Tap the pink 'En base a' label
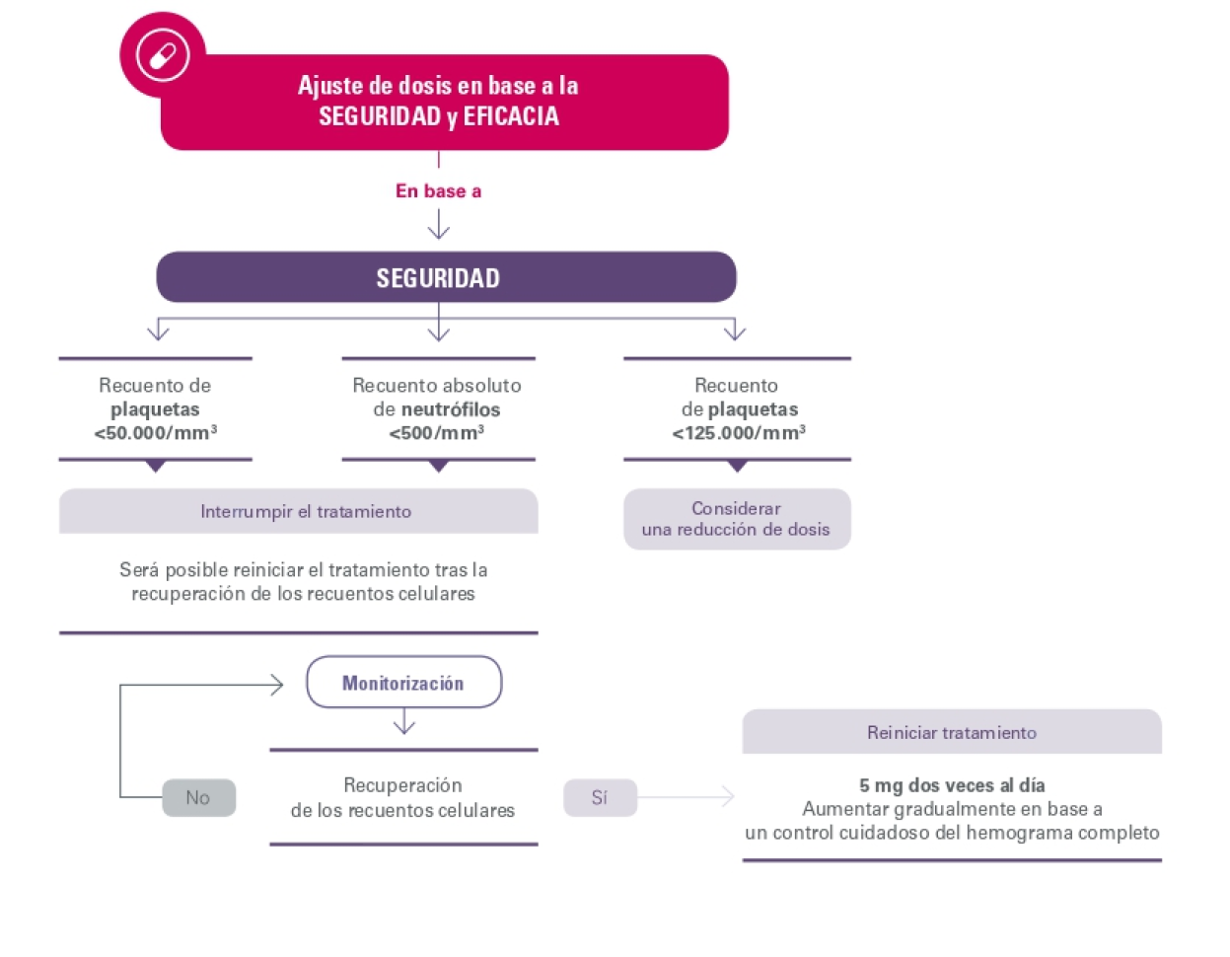pos(438,191)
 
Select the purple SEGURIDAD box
pos(446,277)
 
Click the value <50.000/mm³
pos(155,433)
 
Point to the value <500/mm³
pos(436,433)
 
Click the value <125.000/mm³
pos(739,433)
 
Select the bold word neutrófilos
pos(450,409)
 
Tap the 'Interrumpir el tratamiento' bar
pos(305,512)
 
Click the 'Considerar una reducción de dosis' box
pos(736,519)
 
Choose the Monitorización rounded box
pos(402,683)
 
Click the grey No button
pos(198,797)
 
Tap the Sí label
pos(600,798)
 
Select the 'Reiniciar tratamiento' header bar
pos(951,732)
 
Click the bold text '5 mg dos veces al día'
pos(951,786)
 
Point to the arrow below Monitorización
pos(402,723)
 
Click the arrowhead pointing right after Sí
pos(729,797)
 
